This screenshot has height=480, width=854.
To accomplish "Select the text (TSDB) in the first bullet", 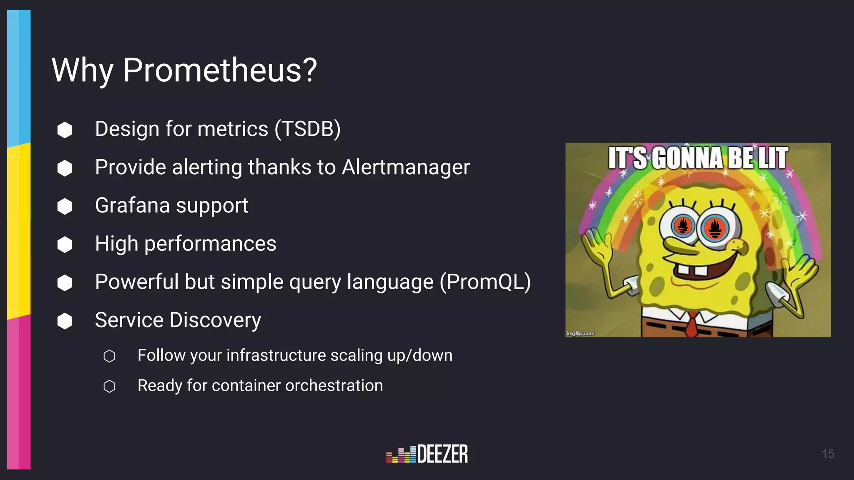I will point(307,129).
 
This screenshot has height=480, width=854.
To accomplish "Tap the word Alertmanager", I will point(406,167).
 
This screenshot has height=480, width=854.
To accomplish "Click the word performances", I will point(210,244).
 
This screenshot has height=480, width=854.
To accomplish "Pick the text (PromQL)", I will point(485,282).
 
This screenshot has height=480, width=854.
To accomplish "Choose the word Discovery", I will point(215,320).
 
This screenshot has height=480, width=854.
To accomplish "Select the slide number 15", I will point(828,454).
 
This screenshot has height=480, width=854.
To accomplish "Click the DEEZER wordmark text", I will point(442,454).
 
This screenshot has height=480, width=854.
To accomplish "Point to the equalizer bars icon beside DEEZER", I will point(401,455).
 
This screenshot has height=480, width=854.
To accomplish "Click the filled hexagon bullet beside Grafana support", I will point(65,206).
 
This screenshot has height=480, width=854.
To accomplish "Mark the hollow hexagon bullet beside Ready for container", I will point(109,386).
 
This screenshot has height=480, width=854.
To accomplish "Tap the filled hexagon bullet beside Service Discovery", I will point(65,321).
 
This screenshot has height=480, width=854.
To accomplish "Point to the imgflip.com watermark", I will point(580,333).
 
